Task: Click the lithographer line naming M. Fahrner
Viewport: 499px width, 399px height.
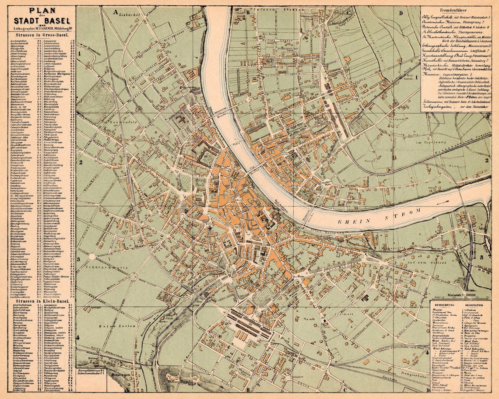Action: (x=39, y=29)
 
